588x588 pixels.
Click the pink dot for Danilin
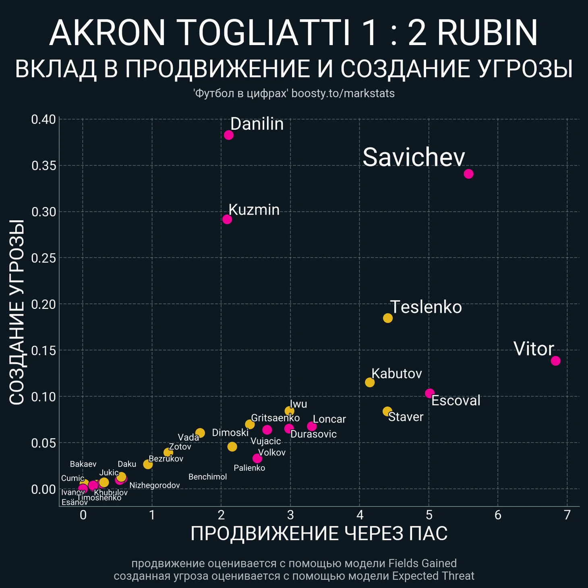pyautogui.click(x=228, y=135)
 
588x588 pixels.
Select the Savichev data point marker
pyautogui.click(x=468, y=174)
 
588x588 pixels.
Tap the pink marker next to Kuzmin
pyautogui.click(x=227, y=219)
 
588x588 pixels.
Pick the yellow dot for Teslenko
pyautogui.click(x=388, y=318)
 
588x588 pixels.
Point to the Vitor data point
pyautogui.click(x=555, y=361)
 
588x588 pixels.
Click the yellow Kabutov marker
pyautogui.click(x=370, y=382)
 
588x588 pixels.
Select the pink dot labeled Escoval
pyautogui.click(x=430, y=393)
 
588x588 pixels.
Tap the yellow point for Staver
pyautogui.click(x=387, y=411)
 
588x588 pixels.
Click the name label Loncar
pyautogui.click(x=329, y=419)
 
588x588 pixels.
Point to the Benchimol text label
pyautogui.click(x=207, y=477)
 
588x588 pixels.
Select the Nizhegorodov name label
pyautogui.click(x=154, y=486)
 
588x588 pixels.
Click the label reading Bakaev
pyautogui.click(x=83, y=464)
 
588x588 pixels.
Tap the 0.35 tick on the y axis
pyautogui.click(x=43, y=166)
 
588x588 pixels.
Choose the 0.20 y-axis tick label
pyautogui.click(x=43, y=304)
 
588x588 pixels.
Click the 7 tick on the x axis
pyautogui.click(x=567, y=515)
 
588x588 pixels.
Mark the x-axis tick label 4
pyautogui.click(x=360, y=515)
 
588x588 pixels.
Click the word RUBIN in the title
pyautogui.click(x=487, y=33)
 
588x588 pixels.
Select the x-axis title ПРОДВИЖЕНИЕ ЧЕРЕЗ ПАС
pyautogui.click(x=319, y=534)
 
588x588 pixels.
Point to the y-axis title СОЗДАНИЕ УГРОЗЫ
pyautogui.click(x=17, y=312)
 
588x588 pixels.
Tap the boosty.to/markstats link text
pyautogui.click(x=343, y=93)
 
